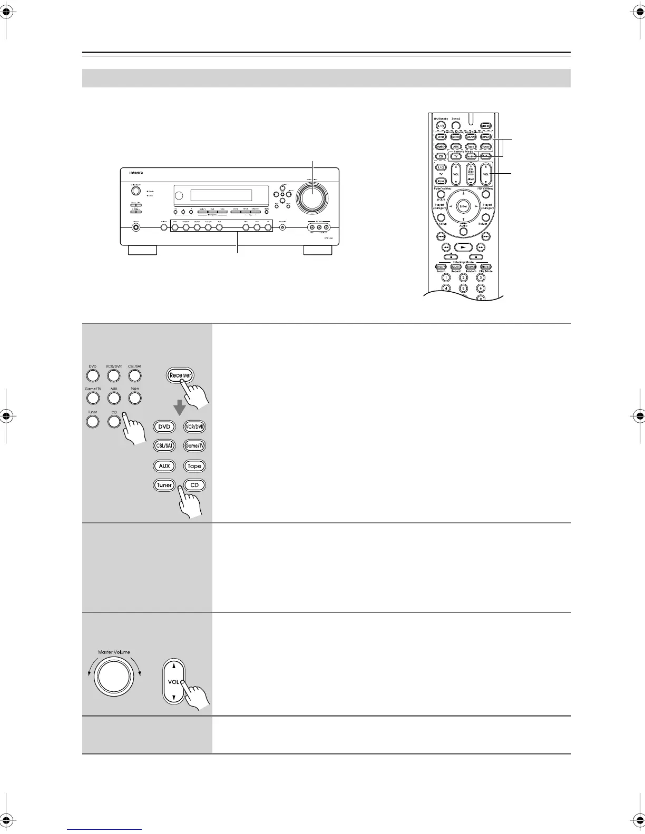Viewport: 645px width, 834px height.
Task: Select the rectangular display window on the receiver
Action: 221,195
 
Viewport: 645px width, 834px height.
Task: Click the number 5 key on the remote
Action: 463,288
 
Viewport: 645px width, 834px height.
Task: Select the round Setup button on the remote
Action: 442,217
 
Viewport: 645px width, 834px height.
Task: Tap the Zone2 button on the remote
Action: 456,126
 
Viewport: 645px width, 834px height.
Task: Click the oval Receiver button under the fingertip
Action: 181,375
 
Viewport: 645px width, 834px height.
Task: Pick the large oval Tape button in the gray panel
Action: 194,466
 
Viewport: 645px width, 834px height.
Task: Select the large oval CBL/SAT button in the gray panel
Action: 164,446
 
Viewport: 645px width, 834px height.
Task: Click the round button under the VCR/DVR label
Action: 113,375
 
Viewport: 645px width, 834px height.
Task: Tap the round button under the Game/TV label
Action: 92,398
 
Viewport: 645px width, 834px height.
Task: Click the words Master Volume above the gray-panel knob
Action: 114,652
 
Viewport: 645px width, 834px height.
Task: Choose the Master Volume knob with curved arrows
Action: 112,677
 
